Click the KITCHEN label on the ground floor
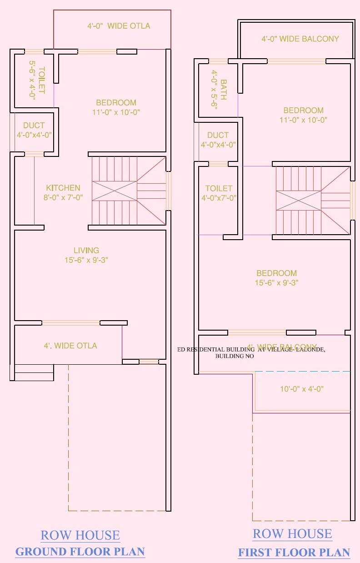pos(63,188)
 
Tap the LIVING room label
pos(86,251)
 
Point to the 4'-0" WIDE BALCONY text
pos(300,39)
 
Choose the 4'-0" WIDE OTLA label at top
pos(119,26)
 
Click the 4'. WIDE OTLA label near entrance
pos(70,346)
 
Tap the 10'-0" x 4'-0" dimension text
pos(301,389)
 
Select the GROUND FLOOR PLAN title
pos(80,552)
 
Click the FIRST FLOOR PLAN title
pos(294,553)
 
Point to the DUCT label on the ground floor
pos(34,126)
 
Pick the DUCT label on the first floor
pos(218,135)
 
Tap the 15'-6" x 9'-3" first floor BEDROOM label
pos(276,278)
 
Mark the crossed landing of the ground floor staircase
pos(115,191)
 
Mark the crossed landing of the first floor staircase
pos(299,201)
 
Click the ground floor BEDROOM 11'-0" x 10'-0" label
pos(116,107)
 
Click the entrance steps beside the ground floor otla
pos(34,372)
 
